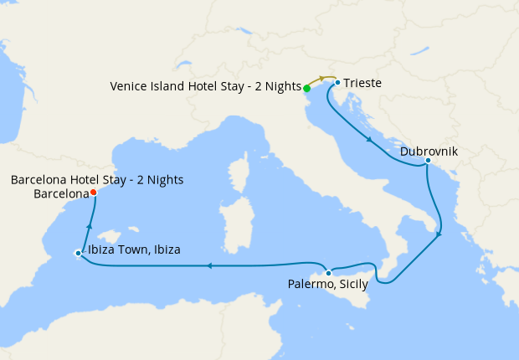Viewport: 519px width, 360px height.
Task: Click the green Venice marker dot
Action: click(x=307, y=88)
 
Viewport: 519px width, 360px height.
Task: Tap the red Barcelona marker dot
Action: click(x=93, y=193)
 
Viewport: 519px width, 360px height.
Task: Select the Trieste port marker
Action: click(x=337, y=83)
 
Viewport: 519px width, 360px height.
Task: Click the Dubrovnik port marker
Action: click(x=428, y=161)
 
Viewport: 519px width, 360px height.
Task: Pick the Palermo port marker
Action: click(x=329, y=273)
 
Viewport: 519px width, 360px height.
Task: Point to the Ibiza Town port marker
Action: click(x=78, y=253)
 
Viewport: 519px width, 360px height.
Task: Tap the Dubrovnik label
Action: click(x=429, y=152)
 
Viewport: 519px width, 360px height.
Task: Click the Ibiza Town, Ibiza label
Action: click(x=135, y=249)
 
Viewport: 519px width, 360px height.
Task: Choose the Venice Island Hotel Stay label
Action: click(x=206, y=86)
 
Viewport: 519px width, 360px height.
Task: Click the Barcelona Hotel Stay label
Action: click(x=97, y=180)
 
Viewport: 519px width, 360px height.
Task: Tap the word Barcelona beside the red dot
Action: click(x=61, y=193)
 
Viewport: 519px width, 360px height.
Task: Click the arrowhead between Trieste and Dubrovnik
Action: click(x=369, y=139)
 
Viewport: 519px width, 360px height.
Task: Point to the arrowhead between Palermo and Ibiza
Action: click(x=208, y=266)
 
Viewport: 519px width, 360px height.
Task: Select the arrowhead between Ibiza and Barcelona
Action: click(x=88, y=224)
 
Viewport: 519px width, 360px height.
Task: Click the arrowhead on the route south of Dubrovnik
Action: click(x=439, y=237)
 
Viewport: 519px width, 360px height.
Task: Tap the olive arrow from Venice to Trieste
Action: click(x=323, y=80)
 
